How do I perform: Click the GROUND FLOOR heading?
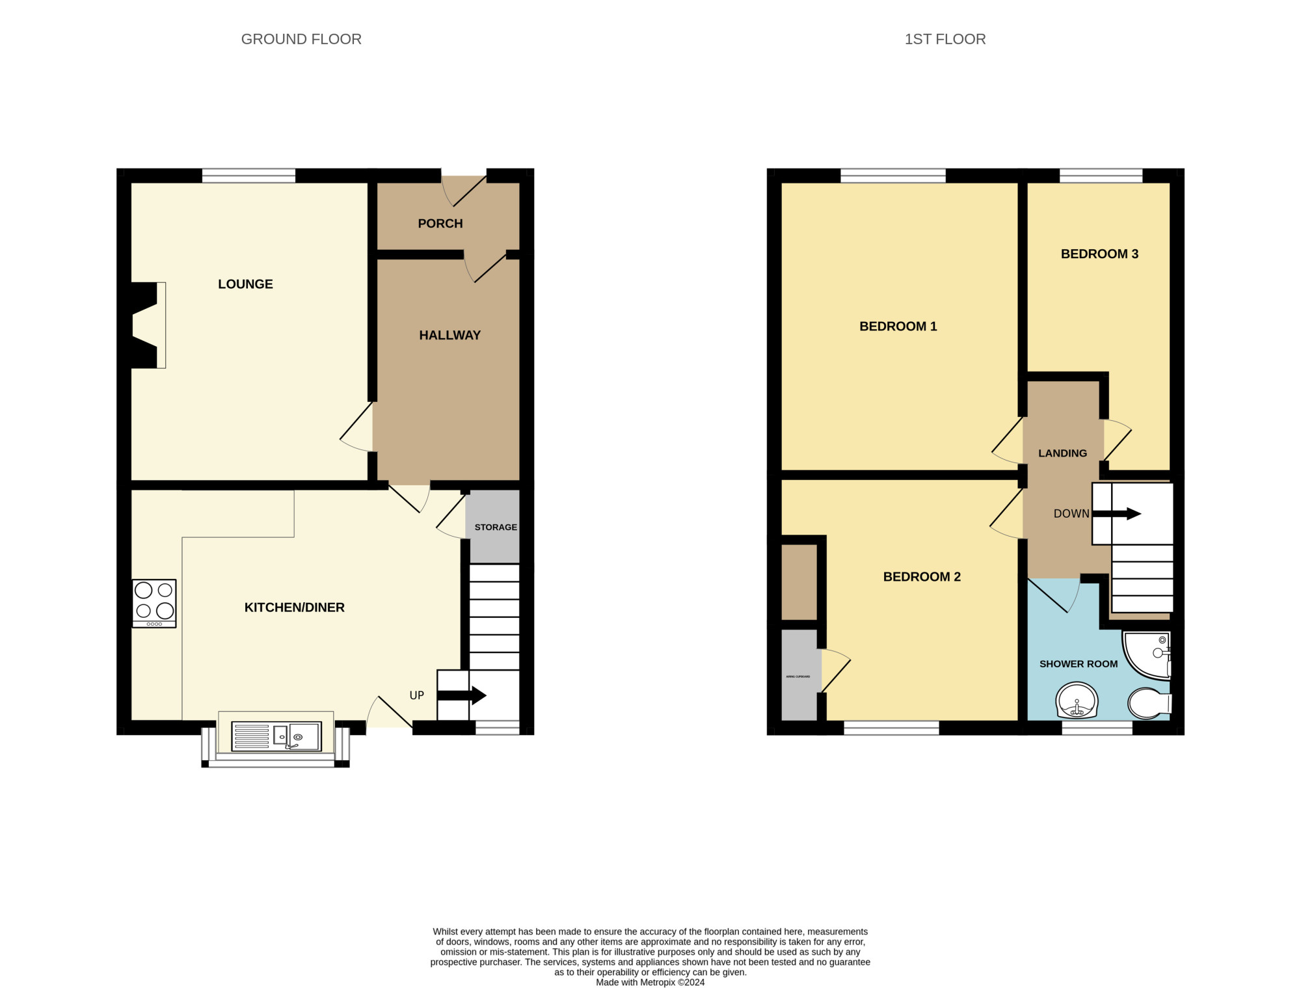tap(301, 39)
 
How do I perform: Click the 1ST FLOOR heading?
tap(945, 39)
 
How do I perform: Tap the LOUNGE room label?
tap(245, 284)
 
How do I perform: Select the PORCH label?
tap(440, 224)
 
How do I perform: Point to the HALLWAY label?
tap(449, 336)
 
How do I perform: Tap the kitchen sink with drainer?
tap(276, 737)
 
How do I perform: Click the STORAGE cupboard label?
tap(496, 527)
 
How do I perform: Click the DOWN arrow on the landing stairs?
tap(1117, 514)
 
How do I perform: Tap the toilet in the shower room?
tap(1149, 703)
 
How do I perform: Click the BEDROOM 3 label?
tap(1099, 254)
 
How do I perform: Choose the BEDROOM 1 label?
tap(898, 327)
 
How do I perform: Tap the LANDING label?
tap(1062, 453)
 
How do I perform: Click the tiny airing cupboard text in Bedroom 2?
tap(798, 676)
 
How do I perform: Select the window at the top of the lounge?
tap(248, 176)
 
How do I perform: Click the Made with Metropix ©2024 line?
tap(650, 982)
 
